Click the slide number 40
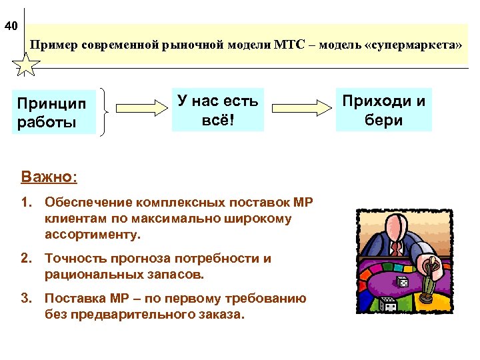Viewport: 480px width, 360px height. (x=11, y=27)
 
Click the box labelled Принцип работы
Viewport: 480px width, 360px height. (x=54, y=112)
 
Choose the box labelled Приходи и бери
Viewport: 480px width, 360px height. (x=383, y=109)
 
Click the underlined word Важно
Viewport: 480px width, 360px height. (x=48, y=177)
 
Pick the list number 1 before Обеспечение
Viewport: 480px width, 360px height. (x=27, y=202)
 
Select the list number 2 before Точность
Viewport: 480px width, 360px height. (x=27, y=259)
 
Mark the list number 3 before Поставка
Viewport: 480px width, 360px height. (x=27, y=299)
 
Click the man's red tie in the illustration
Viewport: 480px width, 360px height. (x=396, y=247)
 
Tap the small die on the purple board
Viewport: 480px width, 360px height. (x=403, y=282)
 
